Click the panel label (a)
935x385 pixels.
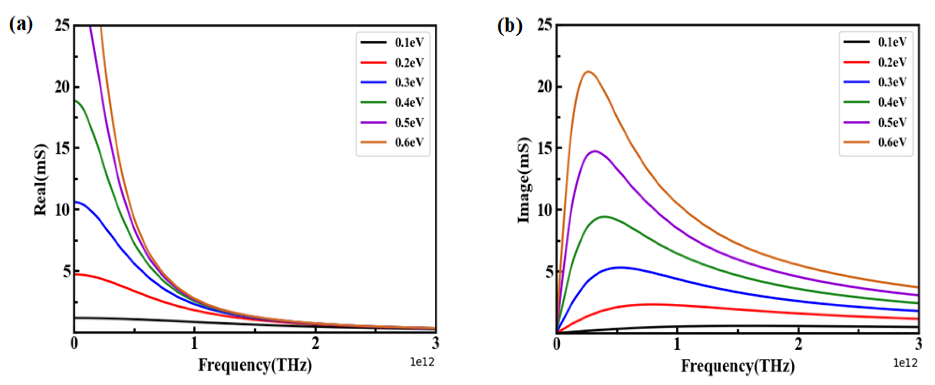coord(21,25)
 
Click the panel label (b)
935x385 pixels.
coord(510,26)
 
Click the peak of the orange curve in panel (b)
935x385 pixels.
coord(589,71)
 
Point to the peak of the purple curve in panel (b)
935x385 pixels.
coord(595,151)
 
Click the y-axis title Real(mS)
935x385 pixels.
coord(41,180)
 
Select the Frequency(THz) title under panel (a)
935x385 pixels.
coord(255,365)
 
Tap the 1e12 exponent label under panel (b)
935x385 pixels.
coord(905,362)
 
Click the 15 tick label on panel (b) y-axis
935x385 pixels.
coord(545,148)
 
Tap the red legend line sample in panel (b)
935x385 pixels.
coord(856,62)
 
